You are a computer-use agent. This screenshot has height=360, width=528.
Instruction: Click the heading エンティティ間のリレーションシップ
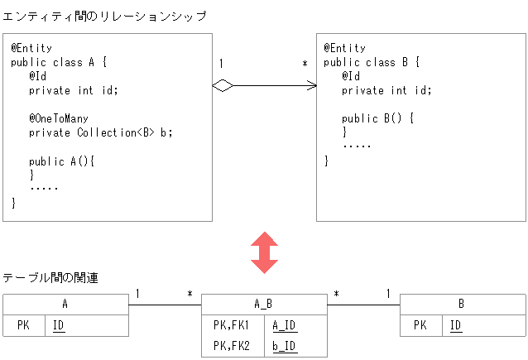click(x=104, y=16)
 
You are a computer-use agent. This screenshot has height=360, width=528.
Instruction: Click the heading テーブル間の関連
click(x=51, y=277)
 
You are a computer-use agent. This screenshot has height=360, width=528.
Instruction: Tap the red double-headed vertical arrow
click(x=264, y=252)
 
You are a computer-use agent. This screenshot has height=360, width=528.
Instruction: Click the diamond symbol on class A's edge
click(x=222, y=84)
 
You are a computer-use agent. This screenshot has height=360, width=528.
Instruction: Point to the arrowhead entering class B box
click(x=312, y=84)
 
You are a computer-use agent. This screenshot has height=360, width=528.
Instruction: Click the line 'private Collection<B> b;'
click(x=100, y=132)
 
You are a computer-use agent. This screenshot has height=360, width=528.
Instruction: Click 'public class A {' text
click(x=58, y=62)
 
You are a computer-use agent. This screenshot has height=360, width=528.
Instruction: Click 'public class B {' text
click(x=372, y=62)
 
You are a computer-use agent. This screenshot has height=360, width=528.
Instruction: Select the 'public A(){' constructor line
click(x=62, y=161)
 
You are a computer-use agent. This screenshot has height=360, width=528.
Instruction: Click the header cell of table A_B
click(x=263, y=304)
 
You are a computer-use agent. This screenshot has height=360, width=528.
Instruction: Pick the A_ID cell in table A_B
click(x=285, y=325)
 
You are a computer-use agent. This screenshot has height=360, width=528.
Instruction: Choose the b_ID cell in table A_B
click(x=285, y=346)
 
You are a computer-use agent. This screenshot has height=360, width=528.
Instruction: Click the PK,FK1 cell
click(x=232, y=325)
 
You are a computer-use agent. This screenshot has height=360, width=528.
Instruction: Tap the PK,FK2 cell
click(x=232, y=346)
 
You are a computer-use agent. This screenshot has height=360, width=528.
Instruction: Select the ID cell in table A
click(x=59, y=325)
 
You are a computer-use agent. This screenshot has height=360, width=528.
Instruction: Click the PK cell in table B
click(x=420, y=325)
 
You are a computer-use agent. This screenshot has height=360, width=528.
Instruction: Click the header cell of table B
click(x=461, y=304)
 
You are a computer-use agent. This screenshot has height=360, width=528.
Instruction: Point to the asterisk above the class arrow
click(x=305, y=64)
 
